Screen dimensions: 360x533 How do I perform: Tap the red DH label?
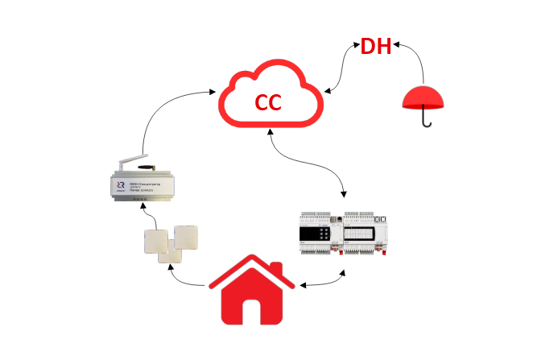[375, 47]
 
